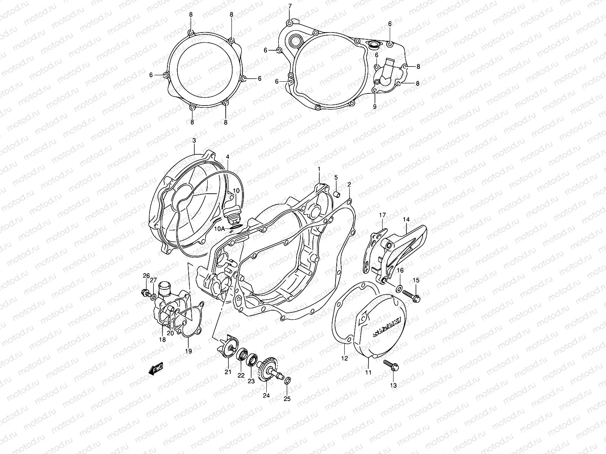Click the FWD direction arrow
pos(156,368)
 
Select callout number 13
pos(393,385)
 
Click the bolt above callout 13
pos(390,365)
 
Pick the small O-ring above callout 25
pos(287,380)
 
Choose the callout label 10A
pos(219,229)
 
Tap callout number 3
pos(194,140)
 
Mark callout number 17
pos(382,215)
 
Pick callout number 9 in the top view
pos(375,107)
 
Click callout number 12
pos(345,358)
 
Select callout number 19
pos(189,351)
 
